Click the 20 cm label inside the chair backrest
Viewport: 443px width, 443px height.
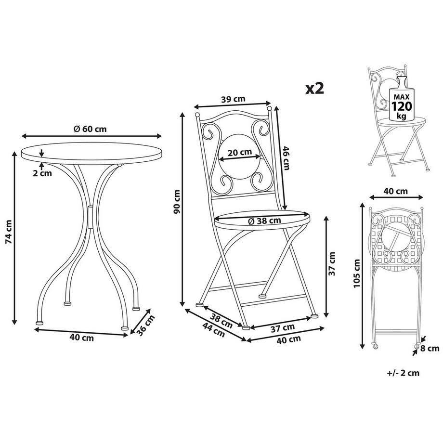pyautogui.click(x=239, y=153)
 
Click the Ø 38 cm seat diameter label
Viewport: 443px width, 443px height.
pyautogui.click(x=263, y=221)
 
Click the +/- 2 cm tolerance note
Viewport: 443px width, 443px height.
pyautogui.click(x=403, y=373)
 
